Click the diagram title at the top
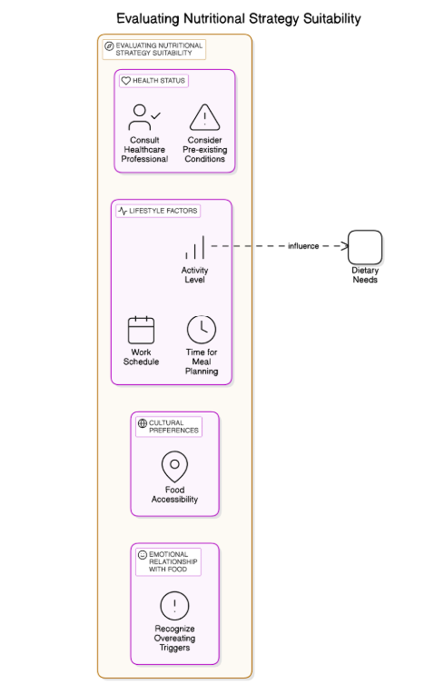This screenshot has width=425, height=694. click(238, 18)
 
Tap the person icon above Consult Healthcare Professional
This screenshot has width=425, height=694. click(143, 117)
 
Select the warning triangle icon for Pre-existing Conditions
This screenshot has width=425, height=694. click(204, 117)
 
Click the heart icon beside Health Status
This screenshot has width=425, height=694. click(126, 81)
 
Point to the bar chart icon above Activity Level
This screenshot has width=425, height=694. click(195, 247)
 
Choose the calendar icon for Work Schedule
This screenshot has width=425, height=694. click(141, 330)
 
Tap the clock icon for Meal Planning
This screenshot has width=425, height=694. click(202, 330)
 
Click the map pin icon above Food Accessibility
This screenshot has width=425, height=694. click(174, 467)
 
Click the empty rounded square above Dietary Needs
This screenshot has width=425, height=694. click(365, 247)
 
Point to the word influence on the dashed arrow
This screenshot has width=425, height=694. click(303, 246)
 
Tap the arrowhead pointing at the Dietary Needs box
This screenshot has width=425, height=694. click(345, 246)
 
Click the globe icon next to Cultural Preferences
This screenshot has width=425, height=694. click(143, 423)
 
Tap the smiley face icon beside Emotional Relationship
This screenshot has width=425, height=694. click(143, 555)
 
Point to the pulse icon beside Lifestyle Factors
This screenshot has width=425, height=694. click(123, 211)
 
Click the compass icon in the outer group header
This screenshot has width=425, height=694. click(109, 45)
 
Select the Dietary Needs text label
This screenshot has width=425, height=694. click(365, 275)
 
